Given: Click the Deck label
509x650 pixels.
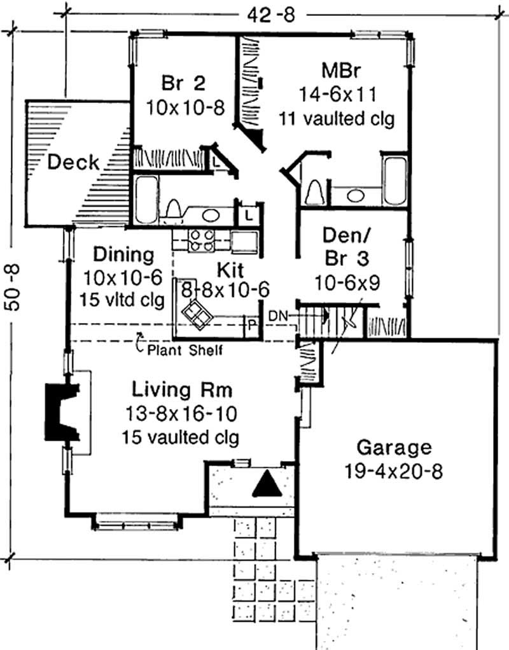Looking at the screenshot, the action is point(73,162).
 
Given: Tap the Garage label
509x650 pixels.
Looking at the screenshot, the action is point(394,448).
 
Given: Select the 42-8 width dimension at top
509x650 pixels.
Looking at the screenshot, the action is point(271,15).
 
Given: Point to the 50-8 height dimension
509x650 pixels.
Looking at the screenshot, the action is point(13,287).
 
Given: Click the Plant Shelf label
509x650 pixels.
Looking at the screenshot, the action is point(185,350).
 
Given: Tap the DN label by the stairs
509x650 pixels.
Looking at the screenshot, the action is point(277,316).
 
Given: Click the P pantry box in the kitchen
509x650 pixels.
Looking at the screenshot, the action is point(251,324).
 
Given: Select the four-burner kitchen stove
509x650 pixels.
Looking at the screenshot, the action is point(202,240).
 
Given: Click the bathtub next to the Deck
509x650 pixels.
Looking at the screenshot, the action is point(146,200).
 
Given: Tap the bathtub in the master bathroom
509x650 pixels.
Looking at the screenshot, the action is point(394,181).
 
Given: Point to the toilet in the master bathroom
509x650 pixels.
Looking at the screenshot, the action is point(314,192).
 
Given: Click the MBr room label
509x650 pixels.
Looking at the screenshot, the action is point(341,71).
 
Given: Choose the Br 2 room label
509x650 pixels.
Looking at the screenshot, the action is point(183,83).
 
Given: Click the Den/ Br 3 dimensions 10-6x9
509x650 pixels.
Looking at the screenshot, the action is point(347,283).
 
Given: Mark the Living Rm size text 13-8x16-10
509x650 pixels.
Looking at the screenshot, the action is point(181,413).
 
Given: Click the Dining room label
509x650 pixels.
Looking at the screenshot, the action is point(123,254).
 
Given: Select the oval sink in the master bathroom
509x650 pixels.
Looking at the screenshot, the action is point(356,195).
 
